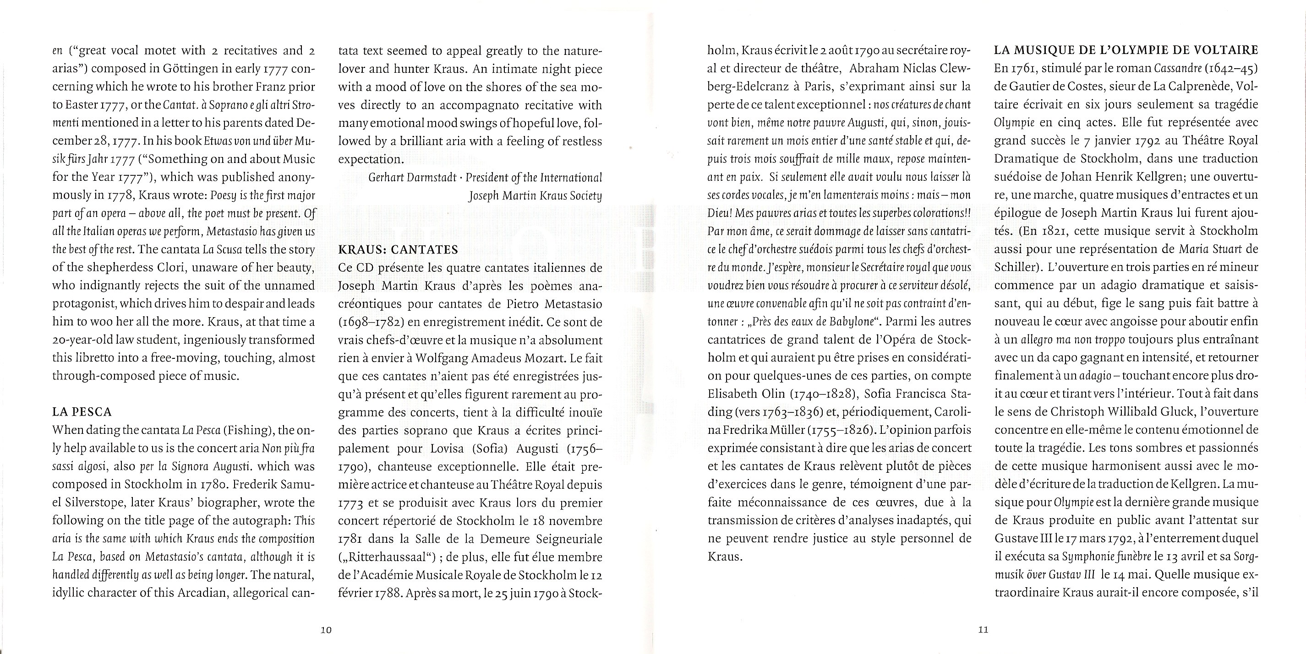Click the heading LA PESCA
pyautogui.click(x=82, y=412)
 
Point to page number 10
pyautogui.click(x=326, y=630)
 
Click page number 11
pyautogui.click(x=983, y=630)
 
